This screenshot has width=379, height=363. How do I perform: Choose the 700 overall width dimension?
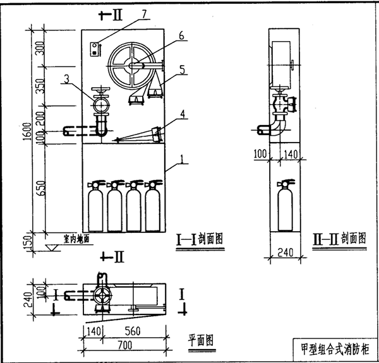click(124, 345)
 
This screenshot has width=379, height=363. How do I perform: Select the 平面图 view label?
click(201, 339)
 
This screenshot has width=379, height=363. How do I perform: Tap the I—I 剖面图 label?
click(200, 239)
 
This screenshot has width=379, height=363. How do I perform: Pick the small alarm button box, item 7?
click(95, 49)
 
